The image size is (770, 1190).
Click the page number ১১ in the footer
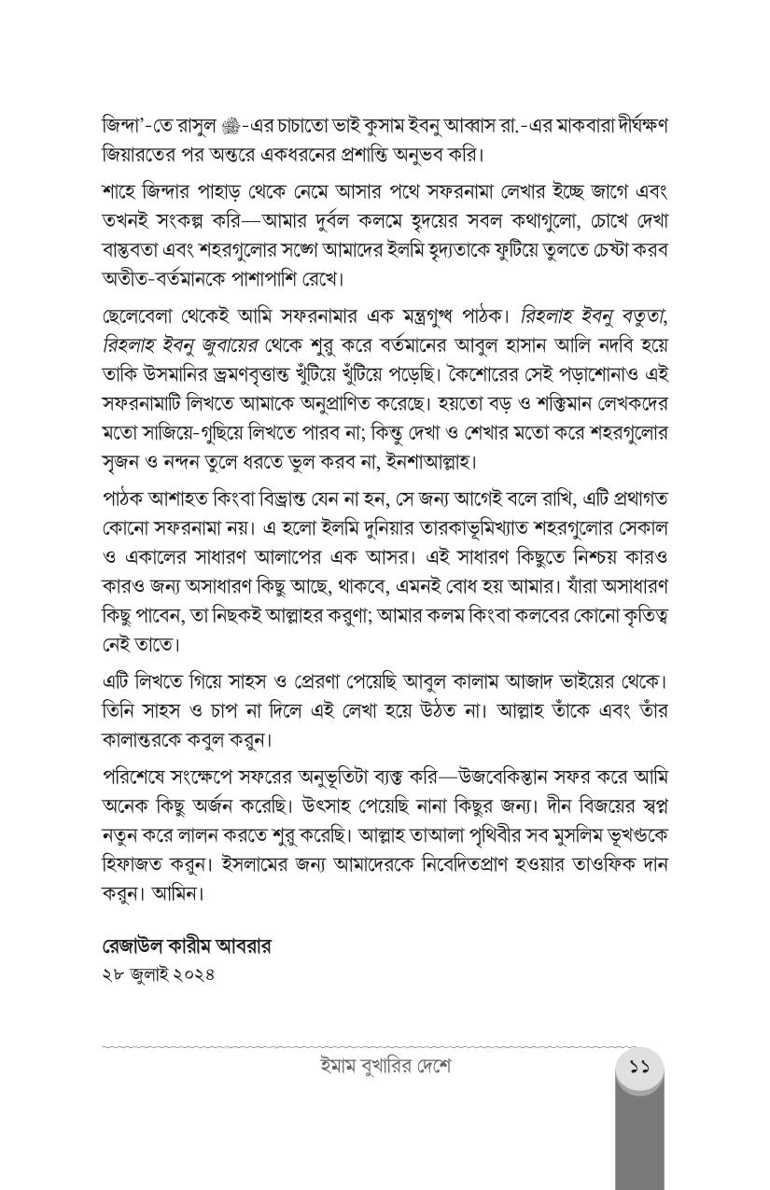coord(639,1066)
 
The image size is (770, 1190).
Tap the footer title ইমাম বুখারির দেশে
coord(385,1066)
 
